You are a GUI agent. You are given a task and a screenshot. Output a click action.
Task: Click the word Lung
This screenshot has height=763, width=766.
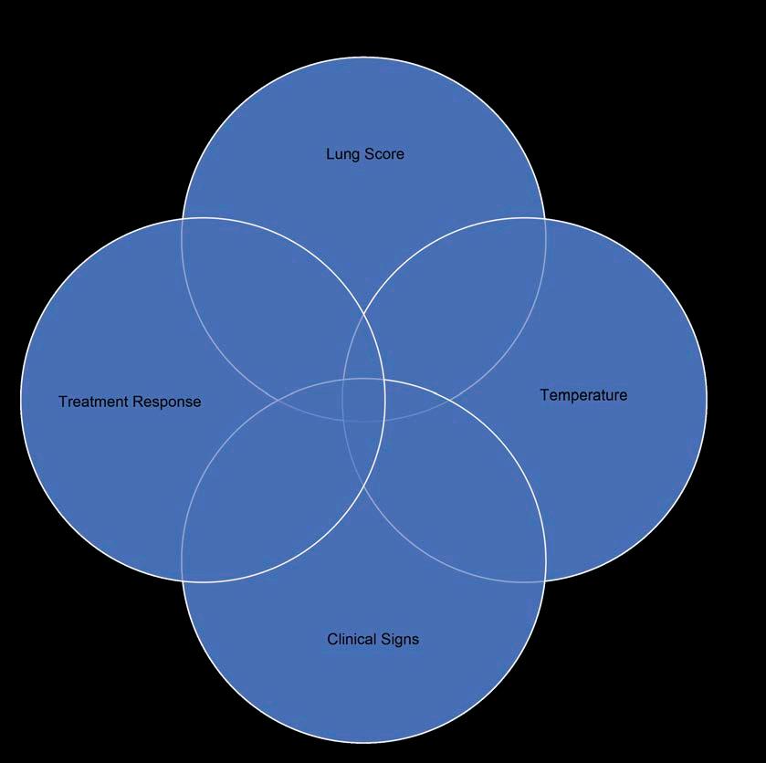(341, 154)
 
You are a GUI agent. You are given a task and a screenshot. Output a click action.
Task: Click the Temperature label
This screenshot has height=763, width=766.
(583, 395)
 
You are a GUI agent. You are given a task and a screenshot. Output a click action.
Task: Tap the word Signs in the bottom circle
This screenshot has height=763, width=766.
(403, 639)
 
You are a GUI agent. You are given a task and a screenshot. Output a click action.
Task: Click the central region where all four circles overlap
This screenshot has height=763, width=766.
(364, 400)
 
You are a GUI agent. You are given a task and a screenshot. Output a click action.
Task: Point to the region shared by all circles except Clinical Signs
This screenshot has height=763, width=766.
(364, 356)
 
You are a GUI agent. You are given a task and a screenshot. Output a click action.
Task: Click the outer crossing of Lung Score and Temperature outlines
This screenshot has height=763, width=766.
(545, 219)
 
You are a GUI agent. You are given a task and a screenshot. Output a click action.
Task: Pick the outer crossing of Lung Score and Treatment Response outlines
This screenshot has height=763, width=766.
(183, 219)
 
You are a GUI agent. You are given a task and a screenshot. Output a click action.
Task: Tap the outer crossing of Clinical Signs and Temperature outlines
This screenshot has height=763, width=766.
(545, 580)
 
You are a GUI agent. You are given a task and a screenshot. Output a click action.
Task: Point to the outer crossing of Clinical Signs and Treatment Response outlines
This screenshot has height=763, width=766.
(183, 580)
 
